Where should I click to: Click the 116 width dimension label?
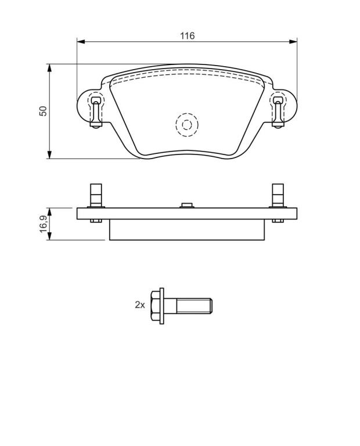tap(188, 36)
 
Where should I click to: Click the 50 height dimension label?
tap(43, 111)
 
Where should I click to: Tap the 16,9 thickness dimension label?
tap(43, 224)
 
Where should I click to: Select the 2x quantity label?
tap(140, 305)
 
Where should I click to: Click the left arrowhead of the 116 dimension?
tap(81, 42)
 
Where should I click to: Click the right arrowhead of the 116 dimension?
tap(293, 42)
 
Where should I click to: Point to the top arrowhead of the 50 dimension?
tap(49, 68)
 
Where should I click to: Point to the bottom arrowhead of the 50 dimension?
tap(49, 154)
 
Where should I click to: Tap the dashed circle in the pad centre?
tap(187, 125)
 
